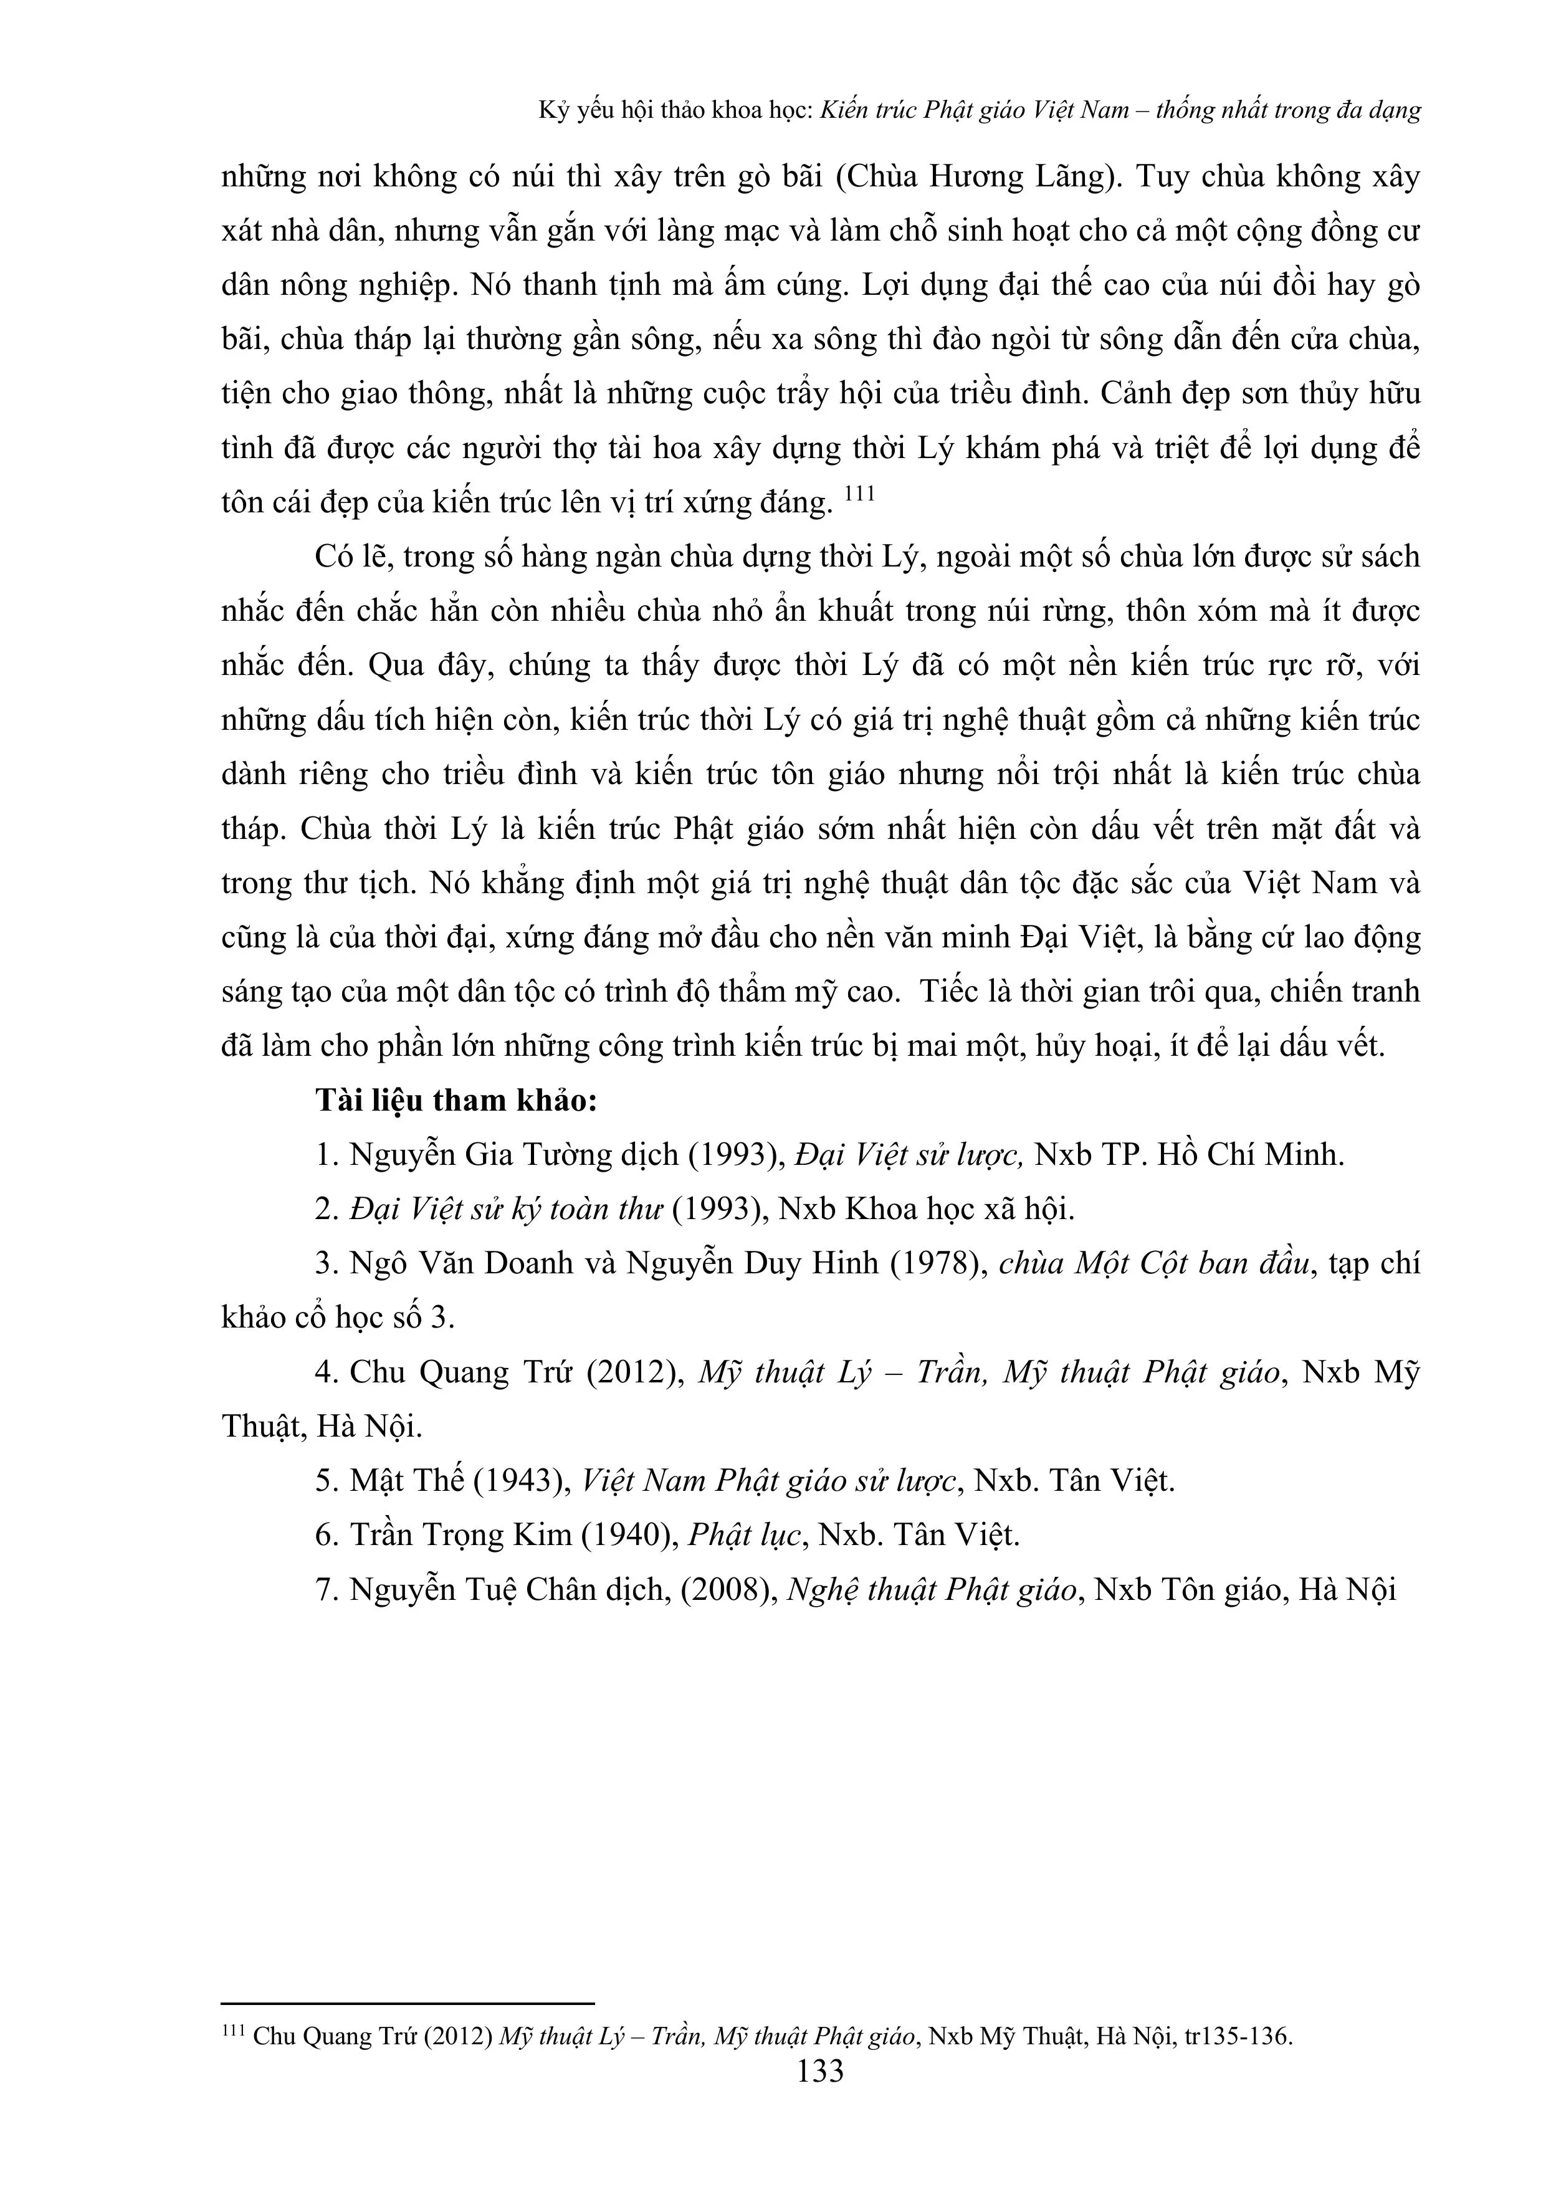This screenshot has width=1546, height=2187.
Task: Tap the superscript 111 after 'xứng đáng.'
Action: pos(859,494)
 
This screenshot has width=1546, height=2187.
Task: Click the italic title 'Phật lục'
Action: pos(743,1536)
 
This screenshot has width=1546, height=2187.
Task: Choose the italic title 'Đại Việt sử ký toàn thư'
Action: pos(506,1210)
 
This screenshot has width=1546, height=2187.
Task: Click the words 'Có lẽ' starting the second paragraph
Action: pos(351,557)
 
